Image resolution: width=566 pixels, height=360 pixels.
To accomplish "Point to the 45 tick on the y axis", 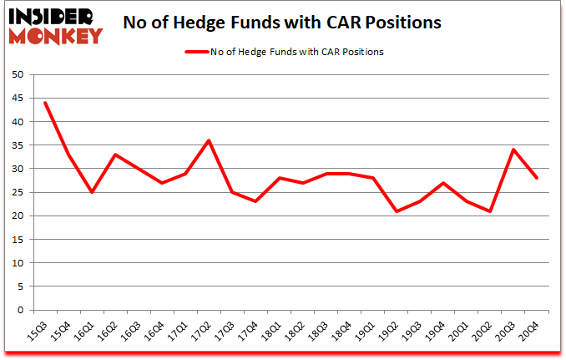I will [x=18, y=99].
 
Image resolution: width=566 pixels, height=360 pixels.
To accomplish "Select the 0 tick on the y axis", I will [x=20, y=310].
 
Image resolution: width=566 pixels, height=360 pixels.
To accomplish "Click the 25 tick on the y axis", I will [x=18, y=192].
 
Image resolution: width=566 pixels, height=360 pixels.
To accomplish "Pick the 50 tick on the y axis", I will [x=18, y=75].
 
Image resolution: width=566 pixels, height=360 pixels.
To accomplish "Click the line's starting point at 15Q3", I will [x=44, y=103].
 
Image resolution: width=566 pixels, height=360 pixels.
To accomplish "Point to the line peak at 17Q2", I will [x=209, y=140].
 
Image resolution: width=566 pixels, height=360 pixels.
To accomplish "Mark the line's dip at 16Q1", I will [x=92, y=192].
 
